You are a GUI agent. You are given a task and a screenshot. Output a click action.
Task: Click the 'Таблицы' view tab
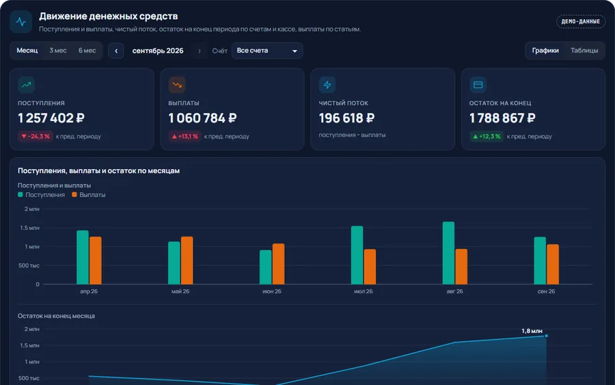(584, 51)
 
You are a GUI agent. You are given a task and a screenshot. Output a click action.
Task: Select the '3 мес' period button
(58, 51)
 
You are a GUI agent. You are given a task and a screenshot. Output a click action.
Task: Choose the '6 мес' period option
(87, 51)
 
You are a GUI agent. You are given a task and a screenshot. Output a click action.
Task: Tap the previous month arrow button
(116, 51)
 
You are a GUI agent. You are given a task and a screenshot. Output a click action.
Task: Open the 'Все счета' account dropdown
(267, 51)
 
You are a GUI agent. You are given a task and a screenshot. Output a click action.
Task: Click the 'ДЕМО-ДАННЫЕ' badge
(580, 22)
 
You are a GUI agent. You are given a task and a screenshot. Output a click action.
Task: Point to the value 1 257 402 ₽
(51, 118)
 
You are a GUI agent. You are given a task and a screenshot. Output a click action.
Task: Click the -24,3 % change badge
(36, 136)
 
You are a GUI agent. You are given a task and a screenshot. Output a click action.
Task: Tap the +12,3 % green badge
(487, 136)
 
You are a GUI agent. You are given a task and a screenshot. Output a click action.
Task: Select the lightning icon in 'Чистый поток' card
(327, 85)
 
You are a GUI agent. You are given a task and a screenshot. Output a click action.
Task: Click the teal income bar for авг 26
(448, 253)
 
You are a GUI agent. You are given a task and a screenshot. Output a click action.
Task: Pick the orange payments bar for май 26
(187, 261)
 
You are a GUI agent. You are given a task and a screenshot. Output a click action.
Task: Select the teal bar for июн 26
(266, 267)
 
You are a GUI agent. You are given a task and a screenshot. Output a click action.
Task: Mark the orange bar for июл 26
(370, 267)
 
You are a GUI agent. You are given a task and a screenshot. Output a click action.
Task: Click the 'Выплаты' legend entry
(89, 195)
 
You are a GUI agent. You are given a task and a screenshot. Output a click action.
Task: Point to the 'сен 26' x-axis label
(546, 291)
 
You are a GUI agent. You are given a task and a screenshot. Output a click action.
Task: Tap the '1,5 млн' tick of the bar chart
(30, 228)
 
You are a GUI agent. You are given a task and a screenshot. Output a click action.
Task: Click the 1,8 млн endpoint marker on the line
(547, 336)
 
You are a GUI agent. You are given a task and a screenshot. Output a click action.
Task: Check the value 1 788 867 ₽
(502, 118)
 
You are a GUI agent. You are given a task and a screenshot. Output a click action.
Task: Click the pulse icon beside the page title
(20, 22)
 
